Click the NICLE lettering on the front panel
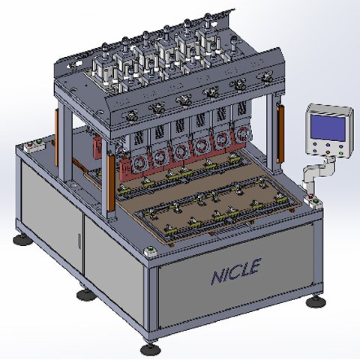pos(236,271)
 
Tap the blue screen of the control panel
pos(328,127)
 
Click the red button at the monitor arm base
pos(311,196)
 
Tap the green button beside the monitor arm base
pos(316,200)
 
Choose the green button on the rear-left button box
pos(38,142)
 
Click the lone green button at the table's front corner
pos(150,249)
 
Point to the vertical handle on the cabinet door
pos(79,241)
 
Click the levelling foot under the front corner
pos(150,349)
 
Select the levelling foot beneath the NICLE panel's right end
pos(316,301)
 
